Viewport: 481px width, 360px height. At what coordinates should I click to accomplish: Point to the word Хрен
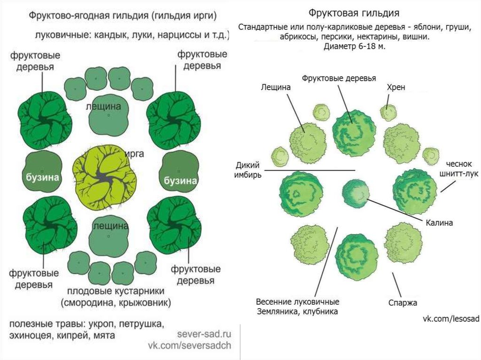pyautogui.click(x=396, y=87)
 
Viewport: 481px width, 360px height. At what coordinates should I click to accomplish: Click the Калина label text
pyautogui.click(x=439, y=223)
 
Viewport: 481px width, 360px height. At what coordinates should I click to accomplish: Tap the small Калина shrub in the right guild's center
pyautogui.click(x=356, y=193)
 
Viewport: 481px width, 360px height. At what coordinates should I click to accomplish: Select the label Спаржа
pyautogui.click(x=403, y=303)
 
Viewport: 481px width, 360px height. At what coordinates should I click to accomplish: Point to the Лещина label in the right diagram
pyautogui.click(x=276, y=87)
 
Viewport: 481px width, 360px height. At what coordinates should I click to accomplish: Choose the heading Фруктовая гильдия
pyautogui.click(x=356, y=12)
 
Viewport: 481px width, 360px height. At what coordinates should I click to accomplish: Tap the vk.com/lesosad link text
pyautogui.click(x=450, y=319)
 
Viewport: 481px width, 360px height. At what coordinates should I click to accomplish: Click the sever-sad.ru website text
pyautogui.click(x=205, y=334)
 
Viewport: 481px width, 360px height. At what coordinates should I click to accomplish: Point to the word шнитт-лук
pyautogui.click(x=458, y=174)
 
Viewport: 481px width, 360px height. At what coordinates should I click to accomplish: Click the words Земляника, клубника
pyautogui.click(x=297, y=311)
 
